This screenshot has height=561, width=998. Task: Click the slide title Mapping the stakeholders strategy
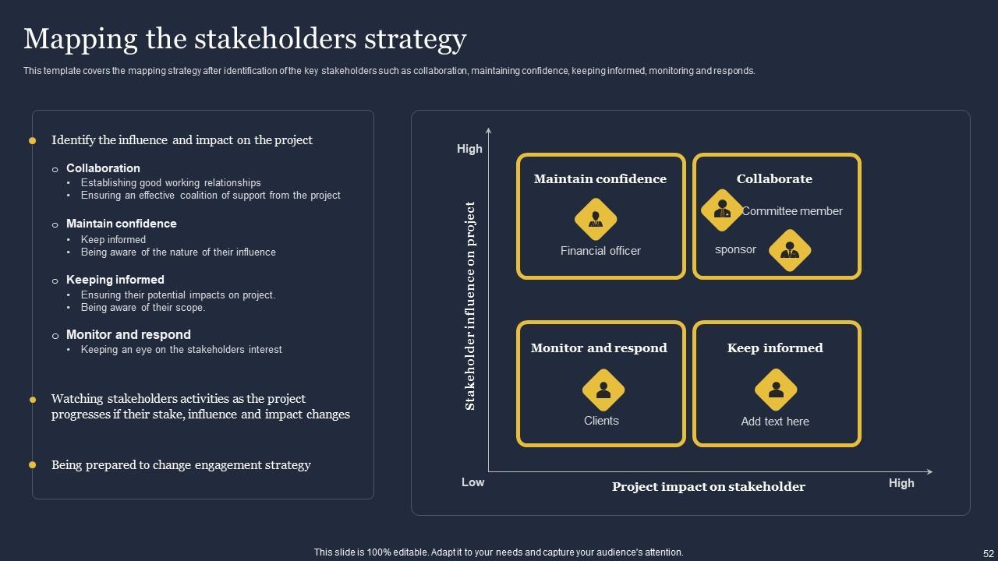245,39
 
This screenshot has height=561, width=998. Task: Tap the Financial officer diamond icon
596,220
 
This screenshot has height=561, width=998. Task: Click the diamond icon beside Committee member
722,210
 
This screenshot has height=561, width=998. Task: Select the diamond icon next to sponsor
790,251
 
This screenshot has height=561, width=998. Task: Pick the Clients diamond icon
603,390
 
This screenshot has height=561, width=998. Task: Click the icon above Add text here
776,390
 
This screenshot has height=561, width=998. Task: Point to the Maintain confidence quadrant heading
600,179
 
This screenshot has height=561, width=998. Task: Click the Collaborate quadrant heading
774,179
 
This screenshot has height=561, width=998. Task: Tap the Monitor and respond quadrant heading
599,348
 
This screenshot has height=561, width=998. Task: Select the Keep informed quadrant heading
775,348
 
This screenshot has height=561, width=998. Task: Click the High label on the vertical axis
469,149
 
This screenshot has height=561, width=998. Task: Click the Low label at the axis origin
472,482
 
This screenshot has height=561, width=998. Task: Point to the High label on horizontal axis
901,483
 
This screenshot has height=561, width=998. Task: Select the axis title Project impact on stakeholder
708,487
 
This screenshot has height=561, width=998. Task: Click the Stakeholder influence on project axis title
470,306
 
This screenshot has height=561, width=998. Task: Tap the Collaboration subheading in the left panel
103,168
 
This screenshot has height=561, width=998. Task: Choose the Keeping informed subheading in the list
115,280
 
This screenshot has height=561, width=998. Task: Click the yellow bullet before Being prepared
33,465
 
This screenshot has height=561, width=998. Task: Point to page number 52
988,553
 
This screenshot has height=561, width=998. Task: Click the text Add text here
775,422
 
